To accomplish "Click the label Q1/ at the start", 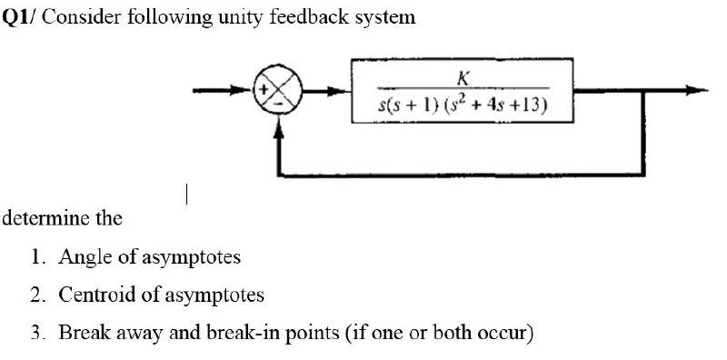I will click(x=19, y=17).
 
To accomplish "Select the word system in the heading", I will click(x=383, y=17).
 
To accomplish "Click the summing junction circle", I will click(x=278, y=90).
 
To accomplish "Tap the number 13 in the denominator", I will click(x=531, y=105).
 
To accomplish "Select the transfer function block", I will click(x=463, y=90).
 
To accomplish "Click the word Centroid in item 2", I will click(x=95, y=295).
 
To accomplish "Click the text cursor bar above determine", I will click(x=185, y=194).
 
